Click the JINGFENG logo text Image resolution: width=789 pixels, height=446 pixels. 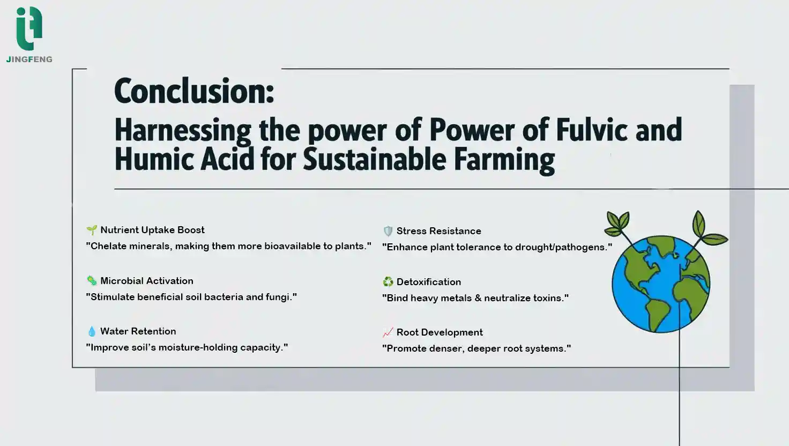(29, 60)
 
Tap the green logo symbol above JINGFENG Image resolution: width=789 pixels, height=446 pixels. (29, 28)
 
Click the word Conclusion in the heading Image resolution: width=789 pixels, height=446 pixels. (194, 91)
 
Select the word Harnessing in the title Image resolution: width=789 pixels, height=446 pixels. (183, 131)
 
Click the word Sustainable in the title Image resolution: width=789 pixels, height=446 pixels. (375, 159)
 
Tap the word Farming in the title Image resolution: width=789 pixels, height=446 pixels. (504, 161)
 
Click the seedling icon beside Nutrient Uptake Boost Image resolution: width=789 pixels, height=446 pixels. (92, 230)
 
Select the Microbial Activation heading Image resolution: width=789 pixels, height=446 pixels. (147, 281)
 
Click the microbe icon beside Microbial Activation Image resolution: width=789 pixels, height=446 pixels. (92, 281)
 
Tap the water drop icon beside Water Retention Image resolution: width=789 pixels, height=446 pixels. (92, 331)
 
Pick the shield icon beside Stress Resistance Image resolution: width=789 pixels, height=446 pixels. (388, 231)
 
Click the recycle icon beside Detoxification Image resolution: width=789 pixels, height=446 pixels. (388, 282)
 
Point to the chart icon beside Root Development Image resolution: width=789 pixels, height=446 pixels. (388, 332)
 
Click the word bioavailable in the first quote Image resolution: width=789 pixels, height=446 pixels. (292, 246)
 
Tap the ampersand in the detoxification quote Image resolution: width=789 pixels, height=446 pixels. (478, 298)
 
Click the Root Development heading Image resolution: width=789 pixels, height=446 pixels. (440, 332)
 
